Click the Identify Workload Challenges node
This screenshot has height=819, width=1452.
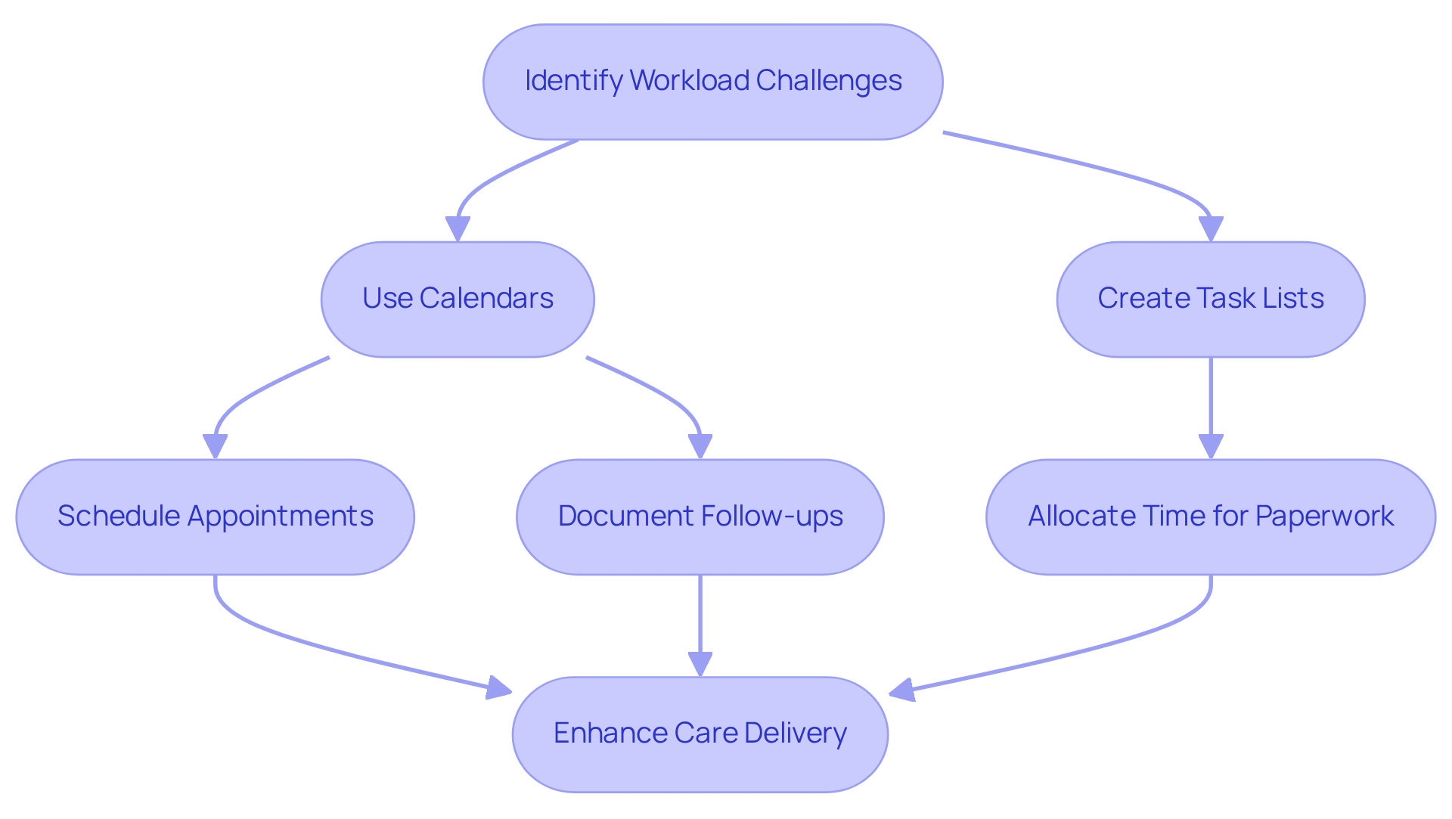(712, 82)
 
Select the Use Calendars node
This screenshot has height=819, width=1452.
(458, 299)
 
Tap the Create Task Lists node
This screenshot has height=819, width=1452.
(1210, 299)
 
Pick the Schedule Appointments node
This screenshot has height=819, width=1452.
(215, 517)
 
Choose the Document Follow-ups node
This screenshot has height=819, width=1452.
(700, 517)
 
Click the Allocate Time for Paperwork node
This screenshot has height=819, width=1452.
(1210, 517)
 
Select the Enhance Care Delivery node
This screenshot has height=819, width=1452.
(700, 734)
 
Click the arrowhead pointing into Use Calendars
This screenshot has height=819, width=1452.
(458, 229)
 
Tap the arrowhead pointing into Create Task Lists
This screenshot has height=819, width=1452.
(1211, 229)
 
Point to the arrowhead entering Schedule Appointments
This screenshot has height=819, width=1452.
(215, 446)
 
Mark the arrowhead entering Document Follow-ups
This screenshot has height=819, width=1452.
(700, 446)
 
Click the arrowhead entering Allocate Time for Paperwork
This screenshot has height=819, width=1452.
(1211, 446)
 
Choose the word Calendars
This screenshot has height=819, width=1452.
(486, 299)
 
